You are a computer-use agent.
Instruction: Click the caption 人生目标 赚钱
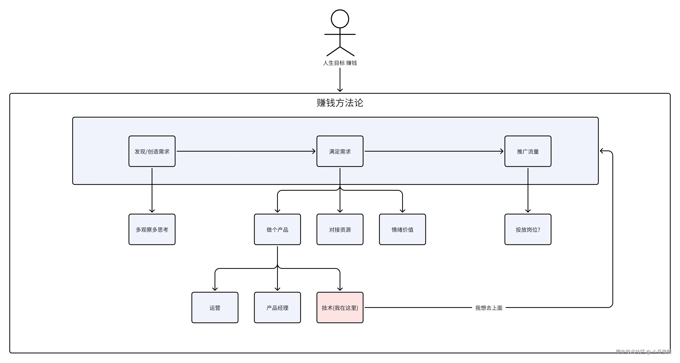coord(340,63)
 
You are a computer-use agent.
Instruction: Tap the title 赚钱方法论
coord(340,103)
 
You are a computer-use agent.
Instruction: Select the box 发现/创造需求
coord(152,151)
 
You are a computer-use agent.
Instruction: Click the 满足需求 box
coord(340,151)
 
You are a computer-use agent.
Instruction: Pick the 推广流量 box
coord(528,151)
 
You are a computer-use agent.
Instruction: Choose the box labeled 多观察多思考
coord(152,229)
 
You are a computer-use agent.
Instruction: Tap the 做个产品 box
coord(277,229)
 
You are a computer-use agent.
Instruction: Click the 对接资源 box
coord(340,229)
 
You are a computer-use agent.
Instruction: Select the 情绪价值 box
coord(403,229)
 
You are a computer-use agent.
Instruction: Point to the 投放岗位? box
coord(528,229)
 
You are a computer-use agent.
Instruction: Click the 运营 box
coord(215,308)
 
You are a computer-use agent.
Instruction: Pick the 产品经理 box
coord(277,308)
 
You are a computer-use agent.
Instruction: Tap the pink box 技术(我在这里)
coord(340,308)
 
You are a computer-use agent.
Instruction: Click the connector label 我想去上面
coord(489,308)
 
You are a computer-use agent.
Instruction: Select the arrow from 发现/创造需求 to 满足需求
coord(246,151)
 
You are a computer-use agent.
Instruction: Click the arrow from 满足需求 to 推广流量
coord(434,151)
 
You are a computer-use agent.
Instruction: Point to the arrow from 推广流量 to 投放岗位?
coord(528,190)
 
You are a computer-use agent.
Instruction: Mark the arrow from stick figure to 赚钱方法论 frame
coord(340,80)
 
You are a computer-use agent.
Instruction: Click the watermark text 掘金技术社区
coord(630,352)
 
